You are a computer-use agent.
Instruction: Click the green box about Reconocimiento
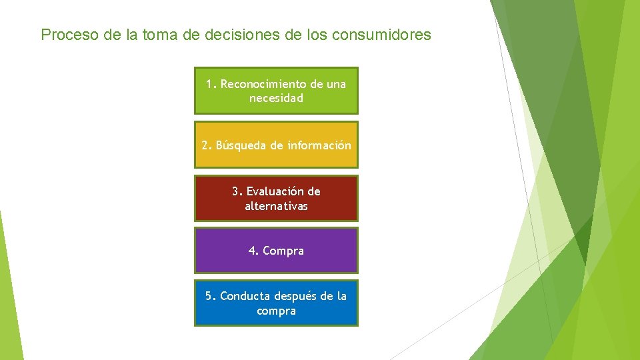pyautogui.click(x=276, y=91)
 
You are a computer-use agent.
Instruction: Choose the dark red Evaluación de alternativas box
pyautogui.click(x=276, y=198)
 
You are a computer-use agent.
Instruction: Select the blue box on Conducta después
pyautogui.click(x=276, y=303)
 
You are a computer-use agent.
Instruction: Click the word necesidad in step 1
pyautogui.click(x=276, y=98)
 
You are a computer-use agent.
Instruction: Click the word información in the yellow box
pyautogui.click(x=319, y=145)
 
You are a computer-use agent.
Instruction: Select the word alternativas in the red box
pyautogui.click(x=276, y=206)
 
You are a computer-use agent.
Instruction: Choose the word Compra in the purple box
pyautogui.click(x=283, y=251)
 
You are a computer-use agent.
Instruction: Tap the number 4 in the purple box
pyautogui.click(x=252, y=251)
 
